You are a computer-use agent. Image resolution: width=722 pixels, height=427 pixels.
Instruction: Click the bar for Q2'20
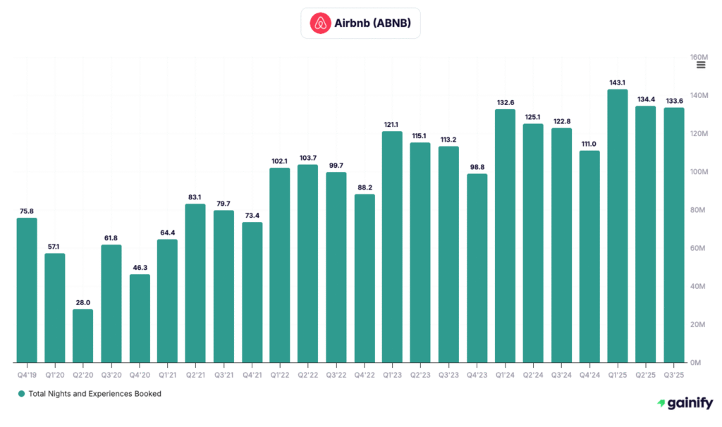(83, 335)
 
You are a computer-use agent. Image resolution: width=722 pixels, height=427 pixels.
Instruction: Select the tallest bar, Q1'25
(618, 225)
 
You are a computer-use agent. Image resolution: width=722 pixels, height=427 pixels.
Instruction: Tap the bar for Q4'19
(27, 290)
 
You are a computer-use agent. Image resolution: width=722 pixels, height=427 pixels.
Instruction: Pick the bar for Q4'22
(365, 278)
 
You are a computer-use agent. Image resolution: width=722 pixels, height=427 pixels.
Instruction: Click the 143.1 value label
(618, 82)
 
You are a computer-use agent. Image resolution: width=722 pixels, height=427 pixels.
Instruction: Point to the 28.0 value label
(83, 302)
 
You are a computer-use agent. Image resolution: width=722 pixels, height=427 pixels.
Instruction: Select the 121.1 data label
(393, 124)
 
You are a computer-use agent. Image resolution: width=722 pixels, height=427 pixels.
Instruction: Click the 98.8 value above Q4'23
(477, 167)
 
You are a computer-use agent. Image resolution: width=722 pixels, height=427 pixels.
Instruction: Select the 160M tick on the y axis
(699, 57)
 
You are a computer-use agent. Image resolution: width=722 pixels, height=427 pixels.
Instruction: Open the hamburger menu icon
(701, 65)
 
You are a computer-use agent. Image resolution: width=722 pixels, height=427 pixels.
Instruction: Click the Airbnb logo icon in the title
(321, 23)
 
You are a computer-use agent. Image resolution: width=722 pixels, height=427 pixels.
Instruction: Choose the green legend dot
(22, 394)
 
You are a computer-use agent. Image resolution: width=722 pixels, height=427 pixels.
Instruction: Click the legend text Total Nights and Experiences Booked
(94, 394)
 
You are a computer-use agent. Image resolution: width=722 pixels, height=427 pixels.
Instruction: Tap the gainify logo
(685, 404)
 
